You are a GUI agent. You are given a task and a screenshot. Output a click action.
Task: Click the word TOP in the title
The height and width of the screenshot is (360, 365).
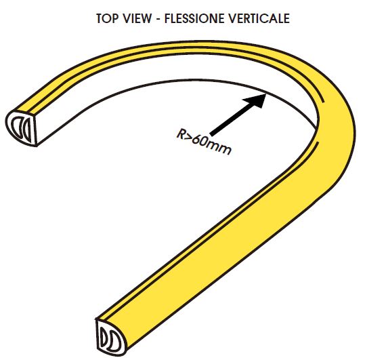[x=106, y=18]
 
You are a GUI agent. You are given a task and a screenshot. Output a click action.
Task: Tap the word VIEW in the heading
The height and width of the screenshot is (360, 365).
[x=137, y=18]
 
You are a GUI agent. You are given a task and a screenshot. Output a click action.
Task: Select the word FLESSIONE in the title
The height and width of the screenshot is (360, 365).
[x=194, y=18]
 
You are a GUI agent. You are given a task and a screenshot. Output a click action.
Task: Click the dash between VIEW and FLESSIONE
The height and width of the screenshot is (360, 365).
[x=158, y=20]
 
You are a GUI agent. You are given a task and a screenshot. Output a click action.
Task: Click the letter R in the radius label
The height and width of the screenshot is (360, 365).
[x=180, y=134]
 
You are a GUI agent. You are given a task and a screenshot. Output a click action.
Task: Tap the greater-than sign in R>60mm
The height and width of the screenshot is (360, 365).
[x=188, y=138]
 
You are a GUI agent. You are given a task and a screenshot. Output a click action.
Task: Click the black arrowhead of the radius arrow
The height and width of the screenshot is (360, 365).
[x=255, y=100]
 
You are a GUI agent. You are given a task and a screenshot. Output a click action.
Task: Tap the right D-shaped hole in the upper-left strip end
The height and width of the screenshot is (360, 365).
[x=27, y=130]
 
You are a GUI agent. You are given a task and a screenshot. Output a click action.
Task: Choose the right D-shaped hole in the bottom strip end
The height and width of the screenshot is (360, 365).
[x=115, y=340]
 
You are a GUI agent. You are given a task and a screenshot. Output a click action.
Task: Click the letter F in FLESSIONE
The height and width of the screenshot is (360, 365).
[x=167, y=18]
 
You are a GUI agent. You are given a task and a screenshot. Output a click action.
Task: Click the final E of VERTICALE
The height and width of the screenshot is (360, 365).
[x=287, y=18]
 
